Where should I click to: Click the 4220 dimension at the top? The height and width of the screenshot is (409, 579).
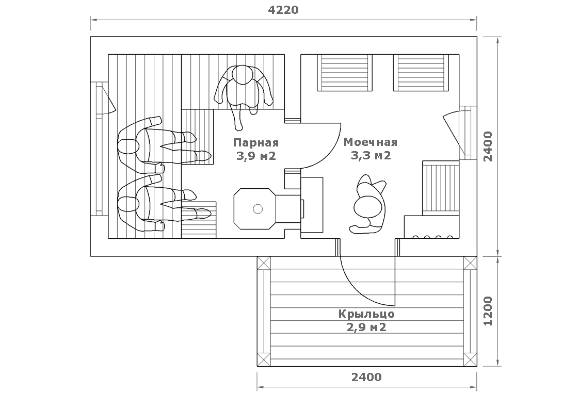pyautogui.click(x=283, y=10)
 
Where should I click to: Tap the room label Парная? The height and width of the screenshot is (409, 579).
pyautogui.click(x=256, y=142)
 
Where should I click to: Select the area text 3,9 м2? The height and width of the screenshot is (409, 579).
pyautogui.click(x=256, y=156)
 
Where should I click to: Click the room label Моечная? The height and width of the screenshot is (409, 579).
pyautogui.click(x=371, y=142)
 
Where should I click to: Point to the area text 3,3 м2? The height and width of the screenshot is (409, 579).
pyautogui.click(x=371, y=155)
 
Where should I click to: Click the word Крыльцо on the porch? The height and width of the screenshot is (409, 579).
pyautogui.click(x=366, y=314)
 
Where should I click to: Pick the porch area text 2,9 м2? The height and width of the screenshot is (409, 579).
pyautogui.click(x=366, y=327)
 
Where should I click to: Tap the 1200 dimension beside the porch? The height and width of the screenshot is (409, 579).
pyautogui.click(x=488, y=311)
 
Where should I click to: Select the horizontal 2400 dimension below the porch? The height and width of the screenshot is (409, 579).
pyautogui.click(x=366, y=377)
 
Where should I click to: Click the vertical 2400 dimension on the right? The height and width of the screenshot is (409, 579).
pyautogui.click(x=488, y=146)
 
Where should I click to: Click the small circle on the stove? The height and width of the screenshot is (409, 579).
pyautogui.click(x=258, y=209)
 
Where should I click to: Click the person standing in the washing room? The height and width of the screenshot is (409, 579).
pyautogui.click(x=368, y=204)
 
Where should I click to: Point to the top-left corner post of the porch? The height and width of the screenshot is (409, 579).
pyautogui.click(x=264, y=264)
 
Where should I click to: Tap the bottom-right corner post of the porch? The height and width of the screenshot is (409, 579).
pyautogui.click(x=470, y=359)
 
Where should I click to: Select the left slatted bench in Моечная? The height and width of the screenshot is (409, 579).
pyautogui.click(x=345, y=72)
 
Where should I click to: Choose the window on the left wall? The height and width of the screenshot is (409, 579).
pyautogui.click(x=99, y=149)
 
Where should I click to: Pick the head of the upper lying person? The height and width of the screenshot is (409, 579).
pyautogui.click(x=127, y=146)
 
